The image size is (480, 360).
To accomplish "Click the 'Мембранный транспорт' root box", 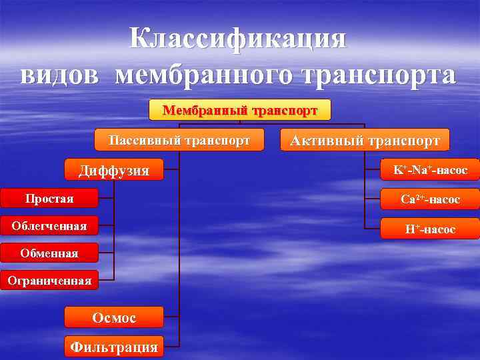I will tap(239, 110).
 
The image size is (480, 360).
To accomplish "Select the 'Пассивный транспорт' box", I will tap(179, 141).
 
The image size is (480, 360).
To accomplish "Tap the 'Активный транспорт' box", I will tap(365, 141).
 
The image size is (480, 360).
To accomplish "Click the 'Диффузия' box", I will tap(114, 170).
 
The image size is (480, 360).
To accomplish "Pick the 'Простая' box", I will tap(49, 199).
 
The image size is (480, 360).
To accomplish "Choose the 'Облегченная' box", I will tap(49, 226).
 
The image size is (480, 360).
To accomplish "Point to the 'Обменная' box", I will tap(49, 253).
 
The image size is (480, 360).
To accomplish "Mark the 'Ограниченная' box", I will tap(49, 281).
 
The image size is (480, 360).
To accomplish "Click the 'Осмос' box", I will tap(114, 317).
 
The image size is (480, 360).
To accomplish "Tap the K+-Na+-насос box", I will tap(430, 170).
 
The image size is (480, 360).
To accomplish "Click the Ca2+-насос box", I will tap(430, 199).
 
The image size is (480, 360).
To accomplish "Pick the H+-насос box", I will tap(430, 229).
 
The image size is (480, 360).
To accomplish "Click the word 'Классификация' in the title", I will tap(239, 39).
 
